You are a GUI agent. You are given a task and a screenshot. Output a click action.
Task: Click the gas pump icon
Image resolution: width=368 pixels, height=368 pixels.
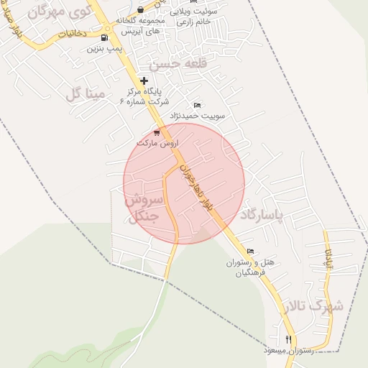tap(105, 38)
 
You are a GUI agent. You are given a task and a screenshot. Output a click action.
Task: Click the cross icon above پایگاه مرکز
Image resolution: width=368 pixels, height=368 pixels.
tap(144, 81)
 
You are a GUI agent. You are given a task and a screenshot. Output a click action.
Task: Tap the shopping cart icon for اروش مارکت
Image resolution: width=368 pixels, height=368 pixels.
tap(157, 133)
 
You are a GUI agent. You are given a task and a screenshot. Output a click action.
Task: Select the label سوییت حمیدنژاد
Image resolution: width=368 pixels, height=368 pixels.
tap(198, 115)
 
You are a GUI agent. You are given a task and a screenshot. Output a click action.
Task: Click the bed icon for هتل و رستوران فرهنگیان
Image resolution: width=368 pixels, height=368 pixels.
tap(249, 252)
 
